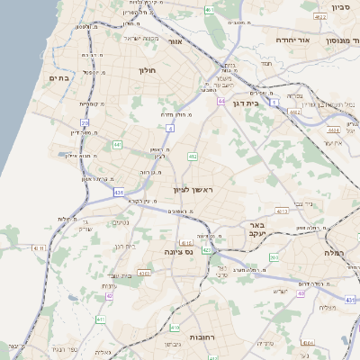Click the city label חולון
click(x=148, y=69)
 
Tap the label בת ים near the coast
click(x=58, y=77)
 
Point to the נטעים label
click(x=120, y=222)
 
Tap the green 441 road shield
click(x=117, y=144)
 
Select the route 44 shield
click(x=220, y=102)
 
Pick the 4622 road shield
click(x=295, y=112)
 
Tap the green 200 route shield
click(x=274, y=257)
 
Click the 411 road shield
click(x=101, y=319)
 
